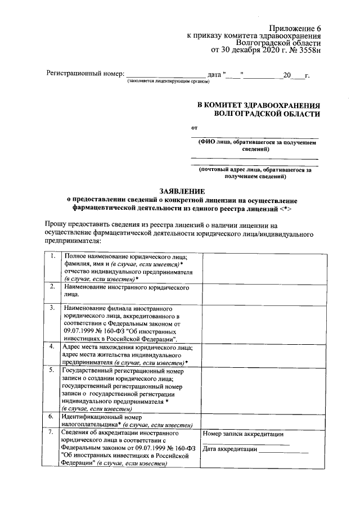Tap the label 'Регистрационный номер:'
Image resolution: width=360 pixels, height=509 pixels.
(84, 74)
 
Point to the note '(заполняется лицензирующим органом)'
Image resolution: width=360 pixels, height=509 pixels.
(168, 82)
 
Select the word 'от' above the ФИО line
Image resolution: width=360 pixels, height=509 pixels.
(195, 127)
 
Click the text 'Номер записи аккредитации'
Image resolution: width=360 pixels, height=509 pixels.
(243, 434)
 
